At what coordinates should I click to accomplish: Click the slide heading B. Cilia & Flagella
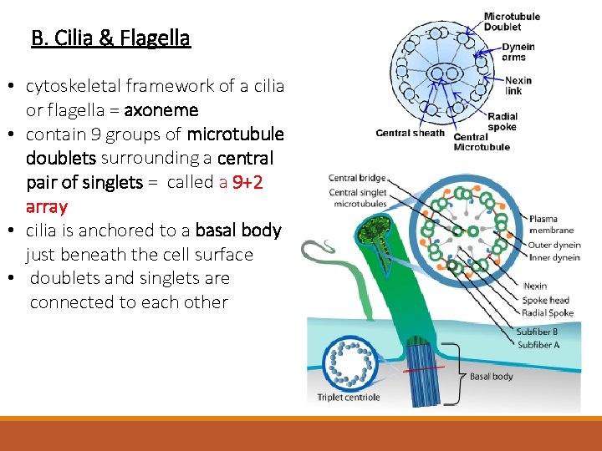click(x=110, y=38)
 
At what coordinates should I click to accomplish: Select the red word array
click(x=47, y=206)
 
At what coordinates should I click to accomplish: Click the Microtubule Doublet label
click(x=512, y=21)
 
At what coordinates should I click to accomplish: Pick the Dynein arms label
click(x=518, y=52)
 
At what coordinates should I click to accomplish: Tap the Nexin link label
click(x=518, y=86)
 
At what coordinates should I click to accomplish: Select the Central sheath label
click(x=411, y=133)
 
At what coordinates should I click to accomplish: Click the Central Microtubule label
click(x=482, y=142)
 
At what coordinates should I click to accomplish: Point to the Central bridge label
click(x=357, y=178)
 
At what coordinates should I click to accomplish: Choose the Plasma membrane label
click(x=552, y=225)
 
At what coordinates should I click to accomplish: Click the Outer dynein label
click(x=554, y=246)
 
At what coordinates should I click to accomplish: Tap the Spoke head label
click(x=545, y=300)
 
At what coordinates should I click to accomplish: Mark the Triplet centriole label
click(x=349, y=397)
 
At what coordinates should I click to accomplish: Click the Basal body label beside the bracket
click(x=492, y=377)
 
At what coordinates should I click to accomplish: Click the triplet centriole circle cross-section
click(x=349, y=361)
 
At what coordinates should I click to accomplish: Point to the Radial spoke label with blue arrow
click(x=503, y=122)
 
